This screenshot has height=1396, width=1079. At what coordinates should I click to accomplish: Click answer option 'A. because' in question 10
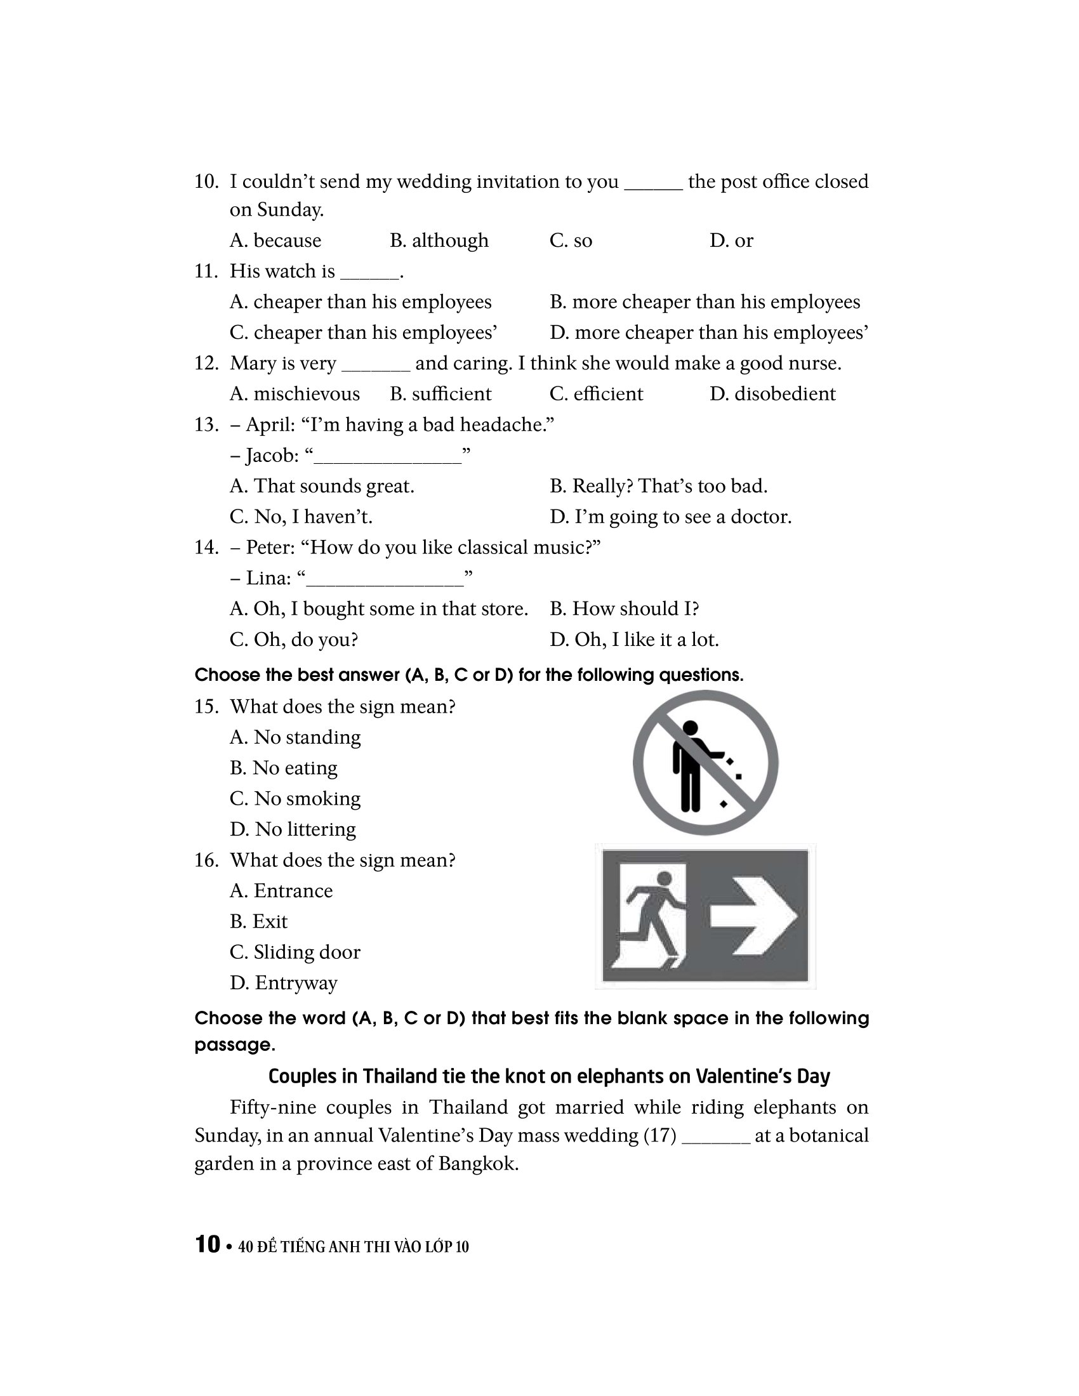click(275, 240)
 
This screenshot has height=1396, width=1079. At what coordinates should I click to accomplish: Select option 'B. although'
click(439, 240)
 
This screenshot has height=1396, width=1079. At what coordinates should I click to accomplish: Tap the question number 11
click(206, 271)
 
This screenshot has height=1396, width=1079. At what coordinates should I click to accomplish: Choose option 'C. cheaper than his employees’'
click(363, 333)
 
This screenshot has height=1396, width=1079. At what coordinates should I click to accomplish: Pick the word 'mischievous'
click(306, 394)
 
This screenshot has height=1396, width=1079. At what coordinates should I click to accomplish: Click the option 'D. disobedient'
click(772, 394)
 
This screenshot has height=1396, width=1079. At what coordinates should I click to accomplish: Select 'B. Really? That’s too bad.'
click(658, 486)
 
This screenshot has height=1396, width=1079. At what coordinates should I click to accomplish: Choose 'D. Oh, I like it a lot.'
click(634, 639)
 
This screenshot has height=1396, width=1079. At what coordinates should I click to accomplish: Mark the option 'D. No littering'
click(293, 829)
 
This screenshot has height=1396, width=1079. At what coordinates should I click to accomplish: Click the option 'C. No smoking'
click(295, 798)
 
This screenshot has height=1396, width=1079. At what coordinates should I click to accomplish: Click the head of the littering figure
click(690, 727)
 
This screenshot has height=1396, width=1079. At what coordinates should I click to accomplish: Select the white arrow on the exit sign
click(753, 916)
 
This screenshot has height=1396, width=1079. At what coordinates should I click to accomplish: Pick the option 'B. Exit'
click(258, 921)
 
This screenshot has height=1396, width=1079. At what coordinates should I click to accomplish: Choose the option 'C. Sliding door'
click(295, 952)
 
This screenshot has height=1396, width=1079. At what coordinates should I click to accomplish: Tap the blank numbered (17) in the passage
click(716, 1136)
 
